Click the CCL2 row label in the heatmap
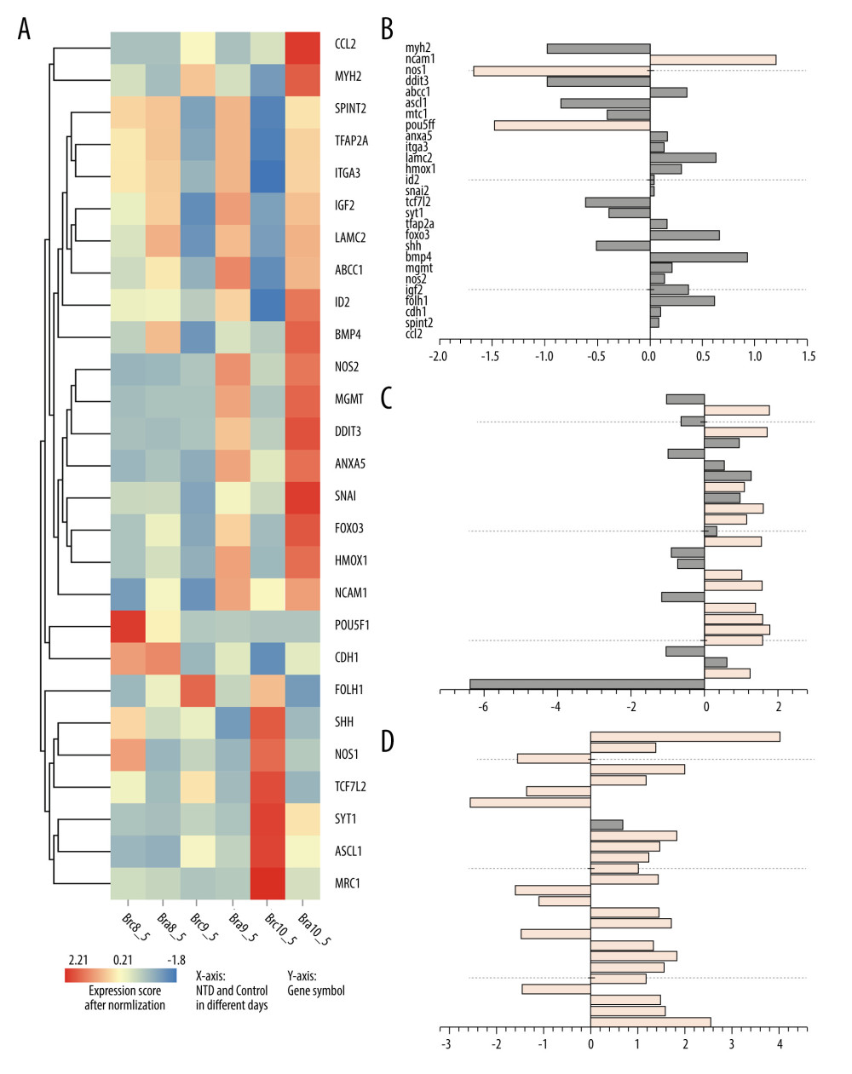[345, 44]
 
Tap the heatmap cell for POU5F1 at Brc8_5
[128, 625]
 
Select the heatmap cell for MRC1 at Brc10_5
[268, 883]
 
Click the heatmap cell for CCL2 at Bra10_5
[302, 48]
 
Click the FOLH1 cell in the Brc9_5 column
[198, 689]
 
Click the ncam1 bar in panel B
[712, 60]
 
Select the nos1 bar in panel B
[561, 71]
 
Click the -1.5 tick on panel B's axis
[491, 356]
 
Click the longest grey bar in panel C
[586, 684]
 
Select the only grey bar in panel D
[607, 824]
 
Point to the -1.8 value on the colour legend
[176, 960]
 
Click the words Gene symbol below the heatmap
[316, 991]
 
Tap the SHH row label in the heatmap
[344, 722]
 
